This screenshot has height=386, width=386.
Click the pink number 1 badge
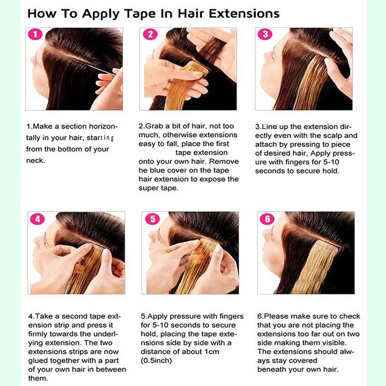35,34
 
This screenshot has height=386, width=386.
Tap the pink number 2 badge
150,34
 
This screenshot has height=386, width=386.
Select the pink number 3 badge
265,34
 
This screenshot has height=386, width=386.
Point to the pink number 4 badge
38,219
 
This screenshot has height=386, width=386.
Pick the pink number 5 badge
152,219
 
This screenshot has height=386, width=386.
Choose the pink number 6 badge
267,219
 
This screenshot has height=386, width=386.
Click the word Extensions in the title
244,14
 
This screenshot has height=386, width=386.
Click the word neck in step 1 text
35,161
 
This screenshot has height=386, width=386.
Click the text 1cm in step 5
212,352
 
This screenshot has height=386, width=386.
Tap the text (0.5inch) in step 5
156,360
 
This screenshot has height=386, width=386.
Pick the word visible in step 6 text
333,343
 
